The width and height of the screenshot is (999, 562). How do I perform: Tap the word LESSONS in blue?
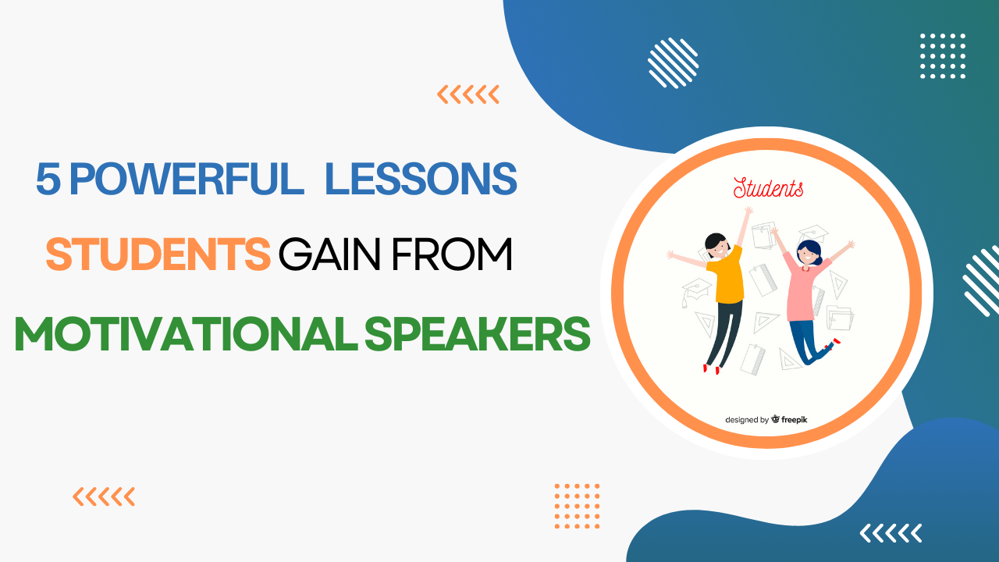coord(421,179)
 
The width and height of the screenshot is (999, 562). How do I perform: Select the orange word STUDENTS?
coord(158,255)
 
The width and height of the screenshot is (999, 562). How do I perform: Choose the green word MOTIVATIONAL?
coord(182,333)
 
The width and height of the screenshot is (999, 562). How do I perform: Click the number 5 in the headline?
coord(48,179)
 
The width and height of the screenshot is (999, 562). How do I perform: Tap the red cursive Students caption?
coord(768,188)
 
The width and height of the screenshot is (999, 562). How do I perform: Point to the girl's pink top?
coord(804,289)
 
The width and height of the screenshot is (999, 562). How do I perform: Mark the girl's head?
coord(808,251)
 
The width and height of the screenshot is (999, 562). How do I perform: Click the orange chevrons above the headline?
coord(468,95)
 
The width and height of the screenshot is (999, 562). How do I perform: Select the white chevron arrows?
coord(891,533)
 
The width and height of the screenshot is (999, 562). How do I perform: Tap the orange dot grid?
coord(577,506)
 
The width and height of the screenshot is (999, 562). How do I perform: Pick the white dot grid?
coord(943,56)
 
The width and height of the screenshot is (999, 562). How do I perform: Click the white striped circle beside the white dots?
coord(674,62)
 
